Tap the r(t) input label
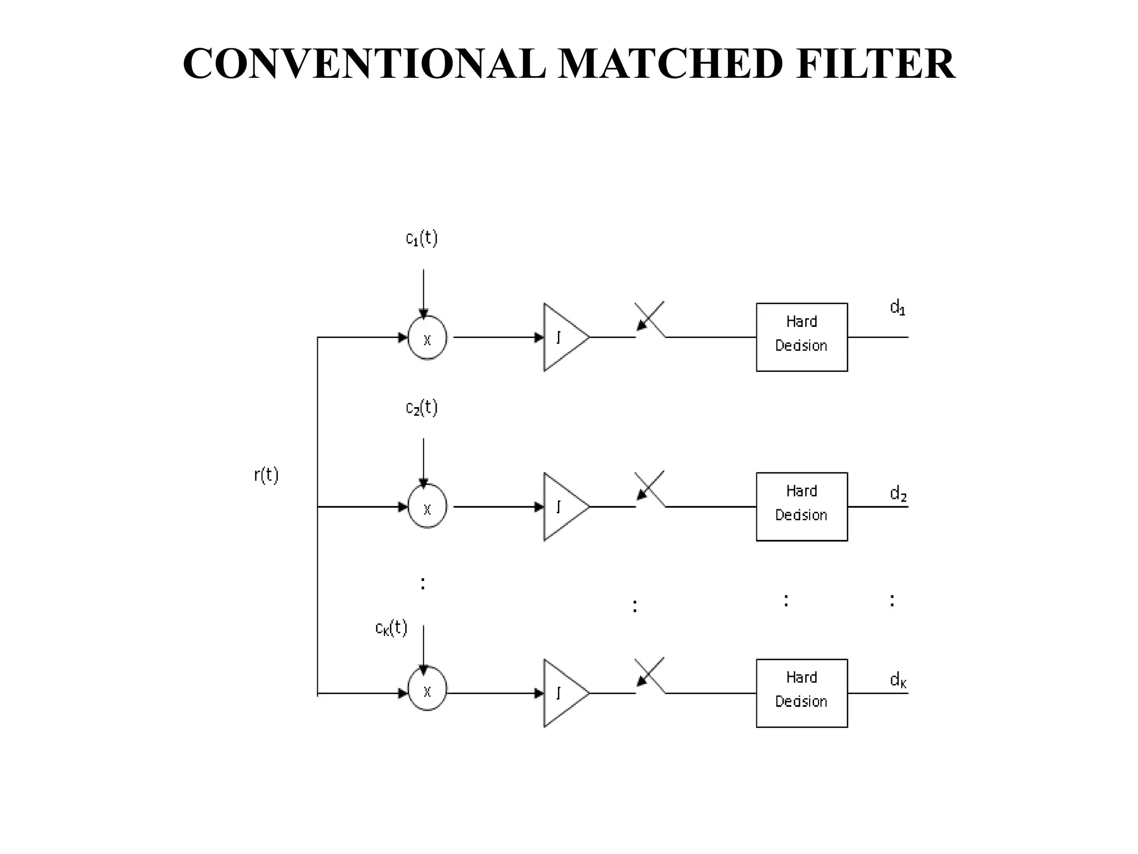click(x=266, y=475)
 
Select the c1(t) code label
click(x=422, y=239)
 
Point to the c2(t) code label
click(x=422, y=408)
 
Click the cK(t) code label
click(x=391, y=628)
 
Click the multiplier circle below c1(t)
click(x=427, y=338)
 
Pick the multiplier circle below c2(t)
click(x=427, y=507)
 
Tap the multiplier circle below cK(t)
click(x=427, y=691)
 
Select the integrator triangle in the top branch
click(x=562, y=337)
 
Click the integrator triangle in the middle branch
click(x=562, y=507)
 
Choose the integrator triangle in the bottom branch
click(x=562, y=693)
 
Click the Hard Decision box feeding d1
click(x=801, y=337)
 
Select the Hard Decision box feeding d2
click(x=801, y=507)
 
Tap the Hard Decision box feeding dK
click(x=801, y=693)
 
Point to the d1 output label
click(x=897, y=307)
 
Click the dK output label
click(x=898, y=679)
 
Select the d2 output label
click(x=898, y=493)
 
